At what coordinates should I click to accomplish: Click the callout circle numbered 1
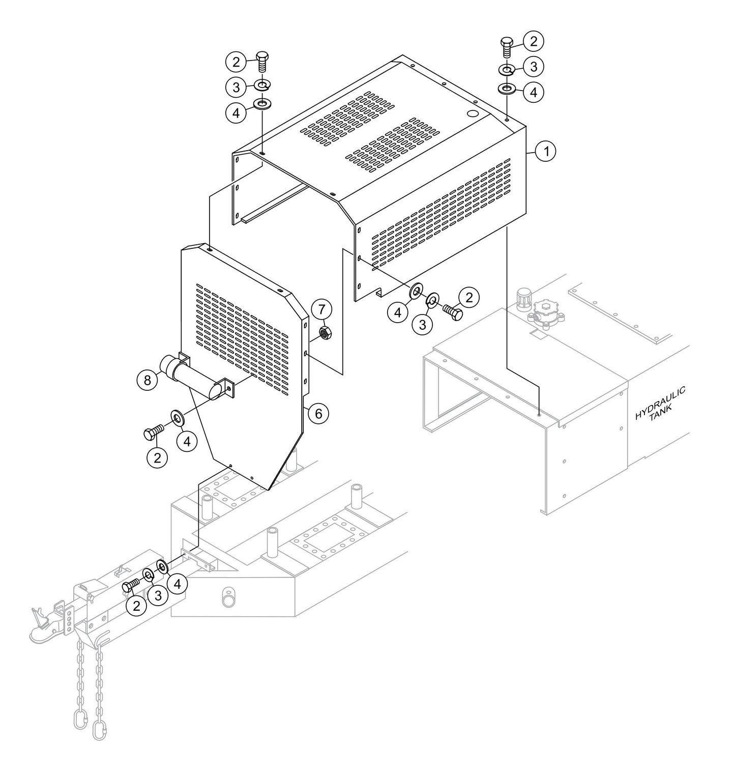pyautogui.click(x=547, y=151)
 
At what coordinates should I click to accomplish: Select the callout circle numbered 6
pyautogui.click(x=318, y=413)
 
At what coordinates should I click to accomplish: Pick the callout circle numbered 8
pyautogui.click(x=147, y=381)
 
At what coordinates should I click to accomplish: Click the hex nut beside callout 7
pyautogui.click(x=326, y=333)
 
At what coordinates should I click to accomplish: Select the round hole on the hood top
pyautogui.click(x=472, y=115)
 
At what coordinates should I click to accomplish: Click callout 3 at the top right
pyautogui.click(x=534, y=67)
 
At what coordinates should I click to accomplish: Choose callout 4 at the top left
pyautogui.click(x=236, y=113)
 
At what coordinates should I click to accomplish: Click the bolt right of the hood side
pyautogui.click(x=452, y=311)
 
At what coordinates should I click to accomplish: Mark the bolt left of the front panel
pyautogui.click(x=152, y=433)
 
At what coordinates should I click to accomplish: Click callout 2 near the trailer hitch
pyautogui.click(x=136, y=606)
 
